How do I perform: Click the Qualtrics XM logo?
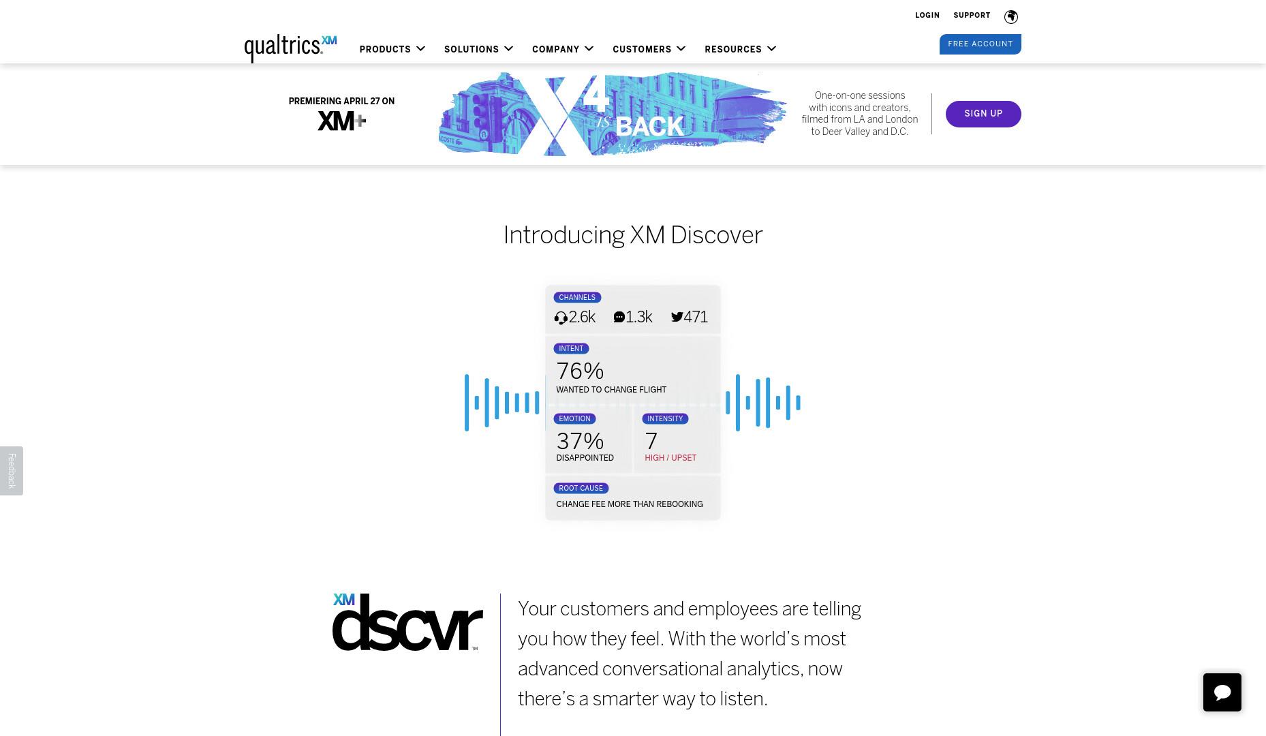click(290, 48)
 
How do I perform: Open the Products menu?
click(392, 49)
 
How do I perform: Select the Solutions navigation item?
click(478, 49)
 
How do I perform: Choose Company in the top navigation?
click(563, 49)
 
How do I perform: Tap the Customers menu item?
click(649, 49)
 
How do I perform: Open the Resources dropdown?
click(741, 49)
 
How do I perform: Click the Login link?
click(927, 15)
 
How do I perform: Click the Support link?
click(972, 15)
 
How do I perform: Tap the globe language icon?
click(1011, 16)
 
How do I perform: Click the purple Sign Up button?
click(983, 114)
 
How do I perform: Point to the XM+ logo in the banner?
click(342, 121)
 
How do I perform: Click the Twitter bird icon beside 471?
click(677, 317)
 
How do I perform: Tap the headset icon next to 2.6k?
click(561, 318)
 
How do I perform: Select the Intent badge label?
click(571, 348)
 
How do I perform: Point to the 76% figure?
click(580, 371)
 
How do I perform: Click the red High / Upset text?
click(670, 458)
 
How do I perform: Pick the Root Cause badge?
click(581, 488)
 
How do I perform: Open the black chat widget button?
click(1222, 692)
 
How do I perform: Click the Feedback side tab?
click(12, 471)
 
